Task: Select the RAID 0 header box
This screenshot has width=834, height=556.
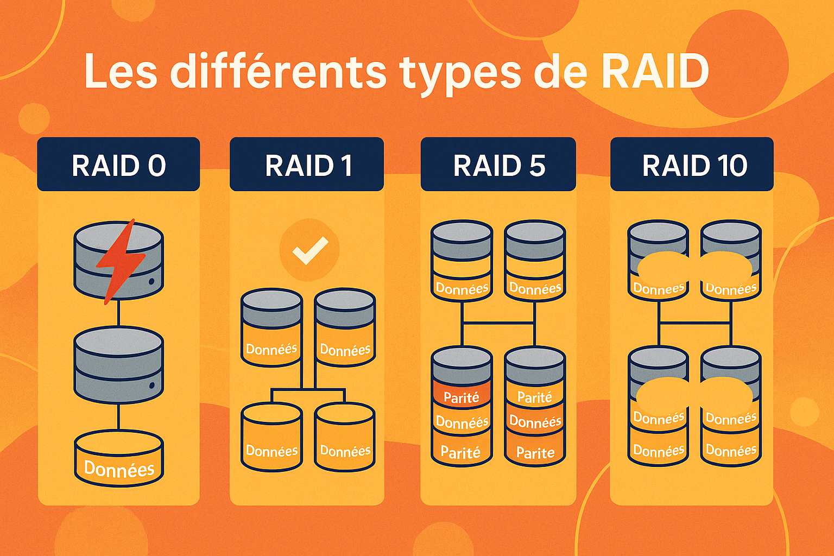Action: point(118,165)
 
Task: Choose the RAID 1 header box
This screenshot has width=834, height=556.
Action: point(307,165)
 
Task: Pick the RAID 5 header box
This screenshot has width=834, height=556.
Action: point(498,165)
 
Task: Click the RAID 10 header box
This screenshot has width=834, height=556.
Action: point(692,165)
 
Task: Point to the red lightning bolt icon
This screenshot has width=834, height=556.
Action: point(121,260)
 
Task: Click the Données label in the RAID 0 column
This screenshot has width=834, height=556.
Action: point(119,469)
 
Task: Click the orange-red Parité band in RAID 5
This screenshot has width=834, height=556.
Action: point(462,397)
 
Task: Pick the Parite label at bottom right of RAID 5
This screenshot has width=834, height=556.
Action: point(535,453)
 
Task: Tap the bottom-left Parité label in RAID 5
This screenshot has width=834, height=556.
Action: point(460,452)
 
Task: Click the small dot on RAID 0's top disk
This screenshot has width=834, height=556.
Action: point(152,282)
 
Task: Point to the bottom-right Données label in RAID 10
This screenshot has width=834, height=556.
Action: point(731,451)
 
